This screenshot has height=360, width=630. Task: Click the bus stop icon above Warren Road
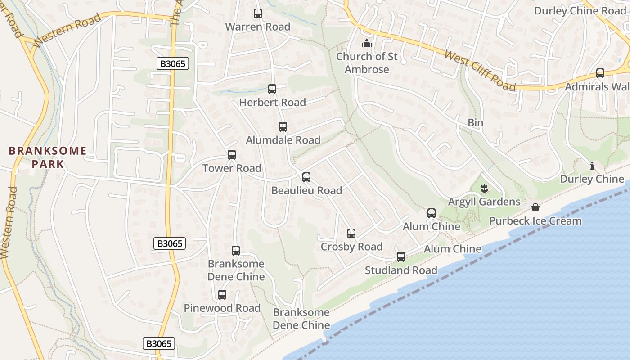click(257, 13)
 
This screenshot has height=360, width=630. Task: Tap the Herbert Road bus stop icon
click(272, 89)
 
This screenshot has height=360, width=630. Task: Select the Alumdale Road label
click(283, 140)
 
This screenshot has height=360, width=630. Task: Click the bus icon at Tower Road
click(232, 155)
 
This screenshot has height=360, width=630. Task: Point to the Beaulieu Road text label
click(306, 190)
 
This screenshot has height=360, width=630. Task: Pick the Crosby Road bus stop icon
click(351, 234)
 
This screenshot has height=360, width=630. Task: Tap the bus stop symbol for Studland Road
click(401, 257)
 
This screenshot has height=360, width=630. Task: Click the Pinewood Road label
click(222, 308)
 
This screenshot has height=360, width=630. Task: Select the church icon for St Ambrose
click(367, 44)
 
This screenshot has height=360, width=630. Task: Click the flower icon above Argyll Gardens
click(484, 188)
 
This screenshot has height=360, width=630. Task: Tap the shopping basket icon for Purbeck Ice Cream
click(535, 207)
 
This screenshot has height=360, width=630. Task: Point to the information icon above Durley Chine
click(592, 166)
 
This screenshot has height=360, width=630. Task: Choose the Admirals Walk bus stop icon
click(600, 73)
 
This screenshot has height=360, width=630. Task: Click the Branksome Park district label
click(48, 157)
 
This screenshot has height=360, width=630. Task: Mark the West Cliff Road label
click(480, 70)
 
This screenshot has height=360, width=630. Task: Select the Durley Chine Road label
click(580, 11)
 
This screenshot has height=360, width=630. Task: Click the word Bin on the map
click(475, 123)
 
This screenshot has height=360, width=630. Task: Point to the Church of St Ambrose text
click(367, 63)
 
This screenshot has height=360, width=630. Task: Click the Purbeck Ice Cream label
click(535, 221)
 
